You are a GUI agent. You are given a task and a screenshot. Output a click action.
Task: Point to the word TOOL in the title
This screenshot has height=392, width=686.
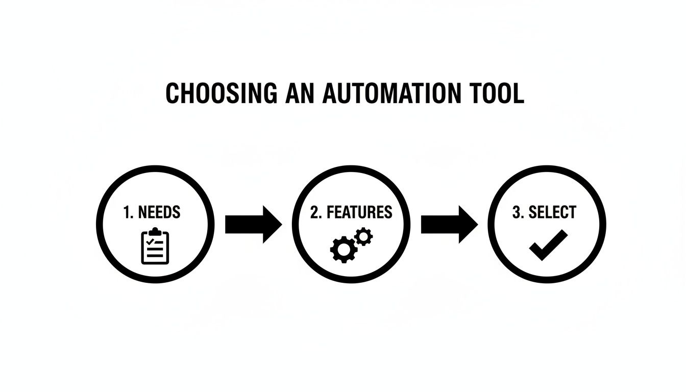click(497, 94)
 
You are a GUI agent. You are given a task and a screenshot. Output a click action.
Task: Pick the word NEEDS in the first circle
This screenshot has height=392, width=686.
click(159, 212)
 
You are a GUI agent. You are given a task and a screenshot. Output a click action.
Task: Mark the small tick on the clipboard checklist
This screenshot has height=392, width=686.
click(149, 241)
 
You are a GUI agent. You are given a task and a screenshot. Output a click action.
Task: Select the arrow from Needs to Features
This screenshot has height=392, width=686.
click(253, 224)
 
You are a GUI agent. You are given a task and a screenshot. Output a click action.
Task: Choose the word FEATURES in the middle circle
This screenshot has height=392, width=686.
click(359, 212)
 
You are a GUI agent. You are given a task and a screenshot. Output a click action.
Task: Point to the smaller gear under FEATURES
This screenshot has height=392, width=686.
click(363, 236)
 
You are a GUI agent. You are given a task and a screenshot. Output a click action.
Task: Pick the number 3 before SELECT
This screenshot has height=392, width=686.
click(517, 212)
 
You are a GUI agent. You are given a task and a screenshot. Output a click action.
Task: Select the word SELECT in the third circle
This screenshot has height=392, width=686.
click(552, 212)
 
